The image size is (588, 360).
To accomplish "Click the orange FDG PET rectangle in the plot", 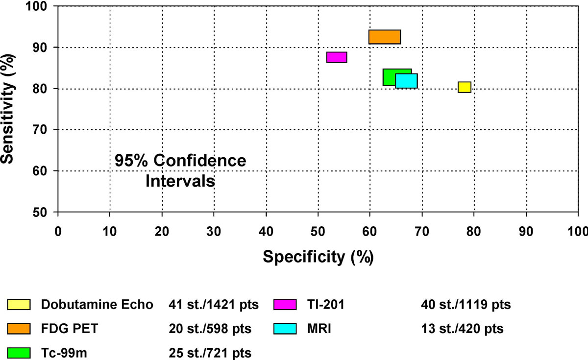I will [385, 37].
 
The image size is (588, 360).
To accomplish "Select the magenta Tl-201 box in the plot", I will [337, 57].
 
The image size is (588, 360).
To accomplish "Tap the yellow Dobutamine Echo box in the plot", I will [465, 87].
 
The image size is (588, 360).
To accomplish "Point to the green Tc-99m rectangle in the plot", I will [390, 77].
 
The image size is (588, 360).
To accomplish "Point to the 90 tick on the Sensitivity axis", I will [45, 48].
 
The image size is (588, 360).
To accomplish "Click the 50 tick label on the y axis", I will [45, 212].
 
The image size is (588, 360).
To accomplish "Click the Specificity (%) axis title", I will [318, 256].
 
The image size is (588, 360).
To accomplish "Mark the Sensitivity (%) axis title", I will [8, 108].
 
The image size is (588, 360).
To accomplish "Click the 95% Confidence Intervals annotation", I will [180, 171].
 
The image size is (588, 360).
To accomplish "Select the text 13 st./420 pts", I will [462, 328].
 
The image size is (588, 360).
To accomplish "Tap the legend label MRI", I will [320, 328].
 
